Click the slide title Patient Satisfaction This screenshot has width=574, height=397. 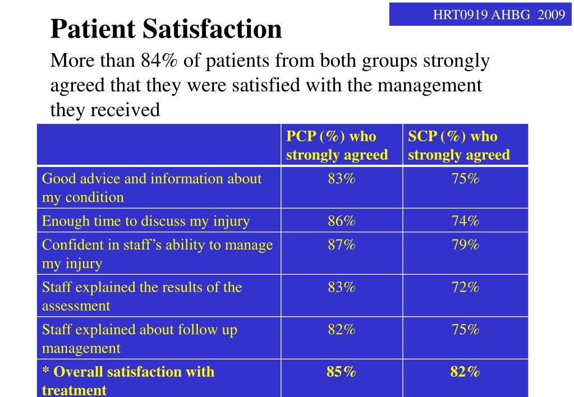tap(166, 29)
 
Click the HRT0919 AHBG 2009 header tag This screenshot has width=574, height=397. tap(499, 15)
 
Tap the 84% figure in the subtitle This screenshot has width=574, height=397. tap(159, 61)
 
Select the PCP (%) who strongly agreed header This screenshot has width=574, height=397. tap(337, 145)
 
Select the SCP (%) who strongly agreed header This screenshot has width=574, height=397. tap(458, 145)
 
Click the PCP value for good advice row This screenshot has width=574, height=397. tap(342, 178)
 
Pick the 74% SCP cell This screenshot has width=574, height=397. tap(465, 221)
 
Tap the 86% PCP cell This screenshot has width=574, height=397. tap(342, 221)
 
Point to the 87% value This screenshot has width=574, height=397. tap(342, 244)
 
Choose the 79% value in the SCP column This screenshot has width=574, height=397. tap(465, 244)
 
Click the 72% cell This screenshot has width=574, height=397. tap(465, 287)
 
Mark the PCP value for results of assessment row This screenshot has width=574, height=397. tap(342, 287)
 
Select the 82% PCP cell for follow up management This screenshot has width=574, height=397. tap(342, 330)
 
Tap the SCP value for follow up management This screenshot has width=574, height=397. tap(465, 330)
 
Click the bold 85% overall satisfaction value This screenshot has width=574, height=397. tap(341, 372)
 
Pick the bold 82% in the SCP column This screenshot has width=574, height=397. tap(465, 372)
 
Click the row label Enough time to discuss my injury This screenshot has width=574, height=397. tap(146, 221)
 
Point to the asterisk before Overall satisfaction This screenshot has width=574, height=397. tap(45, 370)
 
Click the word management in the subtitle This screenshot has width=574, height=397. tap(429, 86)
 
